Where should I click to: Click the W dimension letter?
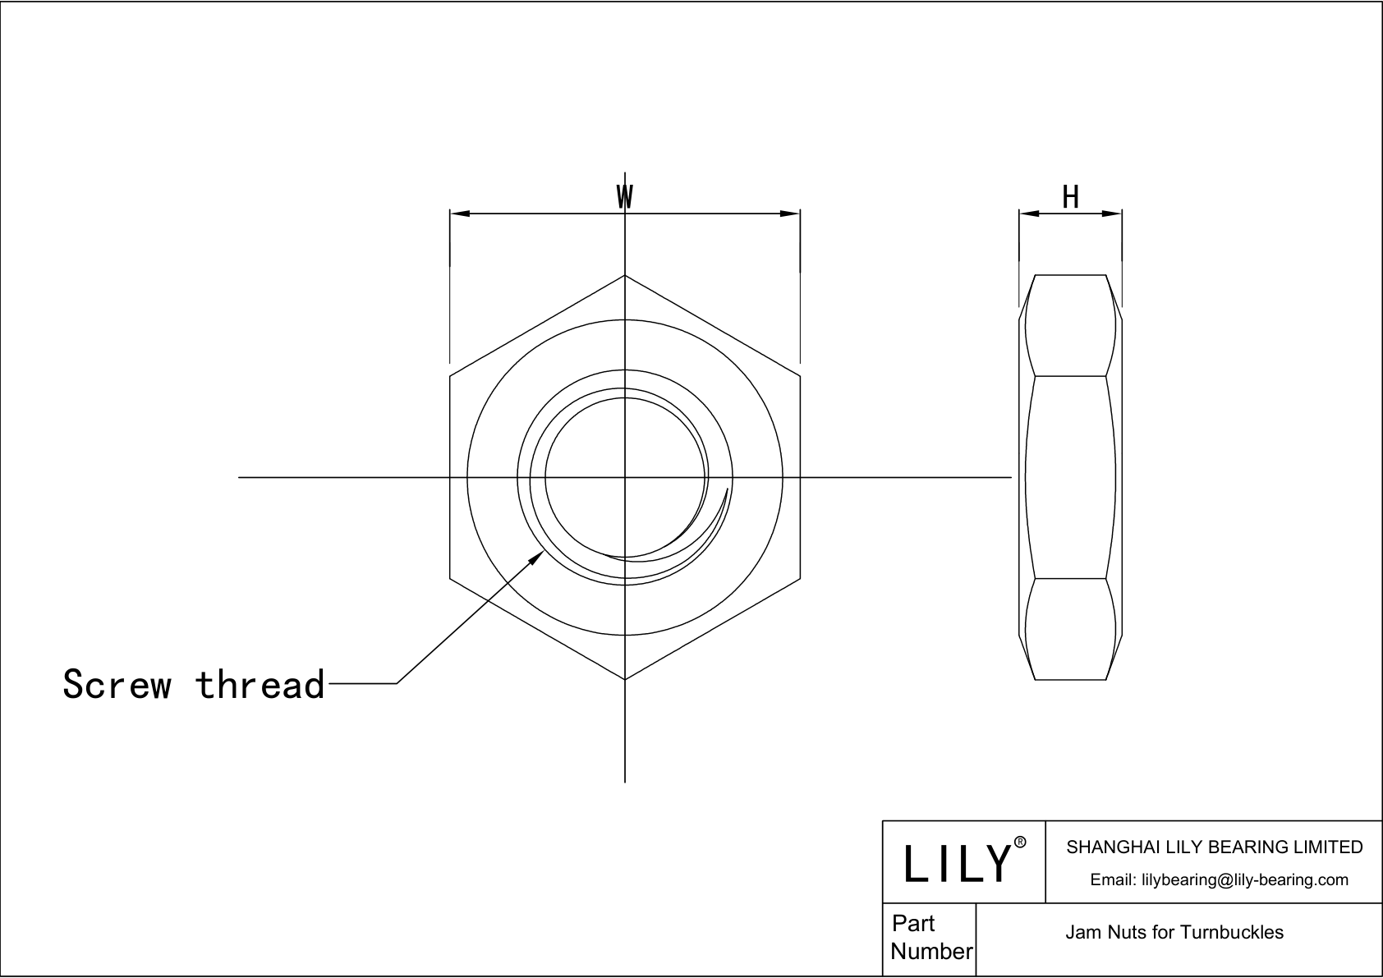click(x=625, y=197)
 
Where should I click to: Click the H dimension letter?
click(x=1070, y=197)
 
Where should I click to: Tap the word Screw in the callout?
click(x=117, y=684)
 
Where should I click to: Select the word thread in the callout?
click(x=260, y=684)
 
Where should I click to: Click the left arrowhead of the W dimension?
click(x=459, y=214)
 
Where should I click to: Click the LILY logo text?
click(x=957, y=863)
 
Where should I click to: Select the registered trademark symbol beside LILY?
click(x=1020, y=843)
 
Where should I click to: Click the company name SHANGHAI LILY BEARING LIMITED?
click(x=1214, y=847)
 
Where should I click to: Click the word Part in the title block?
click(x=913, y=924)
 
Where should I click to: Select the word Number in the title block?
click(x=931, y=952)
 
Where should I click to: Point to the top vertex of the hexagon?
click(x=625, y=275)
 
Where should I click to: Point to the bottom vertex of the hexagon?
click(x=625, y=679)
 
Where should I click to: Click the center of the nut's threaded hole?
click(x=625, y=477)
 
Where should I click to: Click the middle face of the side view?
click(x=1070, y=477)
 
